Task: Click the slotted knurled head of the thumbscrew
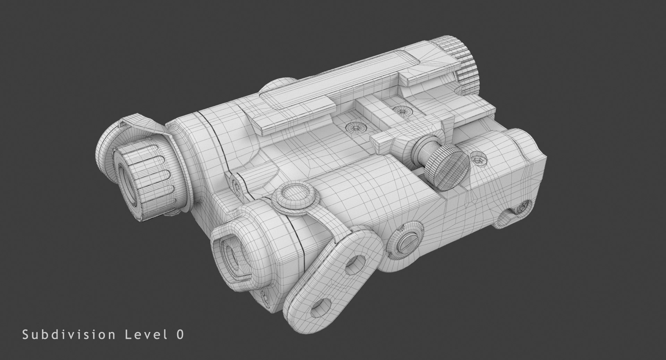point(450,167)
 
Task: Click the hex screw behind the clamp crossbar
point(401,111)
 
